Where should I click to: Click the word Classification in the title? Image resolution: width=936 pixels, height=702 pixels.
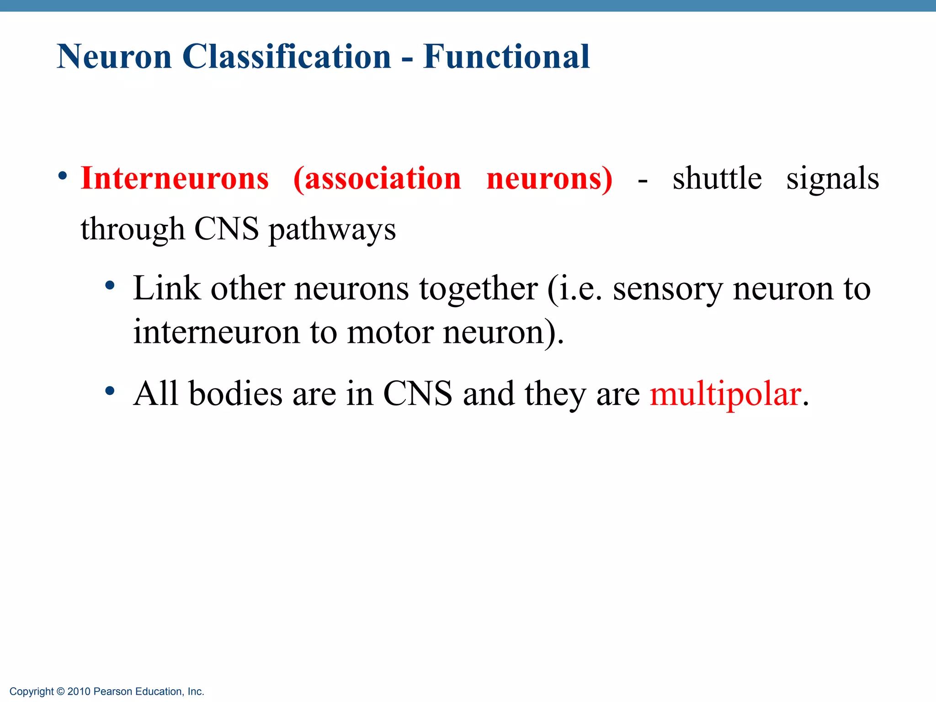(287, 57)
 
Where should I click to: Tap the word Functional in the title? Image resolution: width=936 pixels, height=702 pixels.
(506, 57)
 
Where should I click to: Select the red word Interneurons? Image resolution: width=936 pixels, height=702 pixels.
(175, 178)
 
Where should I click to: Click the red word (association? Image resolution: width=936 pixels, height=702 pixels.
(377, 178)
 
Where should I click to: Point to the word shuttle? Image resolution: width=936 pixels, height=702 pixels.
(717, 178)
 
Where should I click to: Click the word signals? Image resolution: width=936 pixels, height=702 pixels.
(832, 179)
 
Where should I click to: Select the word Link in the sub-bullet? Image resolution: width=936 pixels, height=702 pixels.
(166, 288)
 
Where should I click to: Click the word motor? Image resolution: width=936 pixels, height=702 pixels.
(390, 332)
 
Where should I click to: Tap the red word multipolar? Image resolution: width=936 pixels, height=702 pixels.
(725, 394)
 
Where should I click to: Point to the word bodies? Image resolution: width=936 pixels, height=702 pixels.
(235, 394)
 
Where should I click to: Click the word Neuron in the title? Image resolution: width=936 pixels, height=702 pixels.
(114, 57)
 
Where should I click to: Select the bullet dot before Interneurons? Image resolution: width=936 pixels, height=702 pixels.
(63, 176)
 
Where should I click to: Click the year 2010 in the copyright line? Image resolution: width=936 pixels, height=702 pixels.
(79, 691)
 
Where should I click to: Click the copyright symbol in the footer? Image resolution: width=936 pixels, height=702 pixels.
(61, 691)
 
